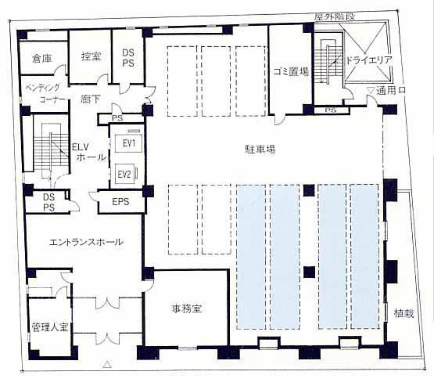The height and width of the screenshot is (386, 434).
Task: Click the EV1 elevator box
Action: click(129, 143)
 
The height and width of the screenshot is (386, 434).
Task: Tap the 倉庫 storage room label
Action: click(41, 58)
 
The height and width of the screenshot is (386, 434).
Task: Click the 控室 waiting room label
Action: click(91, 56)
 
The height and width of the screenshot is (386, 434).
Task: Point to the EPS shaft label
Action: click(120, 201)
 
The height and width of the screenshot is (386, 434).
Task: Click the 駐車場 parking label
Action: click(260, 150)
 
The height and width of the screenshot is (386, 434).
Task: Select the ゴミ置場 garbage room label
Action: click(291, 71)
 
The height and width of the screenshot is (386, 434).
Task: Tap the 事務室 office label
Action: click(187, 308)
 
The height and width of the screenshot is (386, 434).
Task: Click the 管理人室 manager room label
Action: click(50, 327)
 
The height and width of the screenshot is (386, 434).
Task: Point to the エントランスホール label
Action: click(86, 242)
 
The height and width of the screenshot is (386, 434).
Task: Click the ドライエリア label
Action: click(368, 60)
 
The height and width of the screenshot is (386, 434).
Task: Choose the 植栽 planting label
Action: click(404, 313)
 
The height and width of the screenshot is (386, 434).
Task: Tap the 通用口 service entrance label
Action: click(391, 90)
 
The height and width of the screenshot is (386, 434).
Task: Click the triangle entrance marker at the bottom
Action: click(107, 364)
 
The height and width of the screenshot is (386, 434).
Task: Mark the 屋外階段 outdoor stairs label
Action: click(335, 16)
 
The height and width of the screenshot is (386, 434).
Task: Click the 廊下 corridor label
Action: click(91, 99)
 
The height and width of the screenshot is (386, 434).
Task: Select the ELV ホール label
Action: click(89, 152)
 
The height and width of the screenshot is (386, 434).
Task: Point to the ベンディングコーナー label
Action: click(45, 94)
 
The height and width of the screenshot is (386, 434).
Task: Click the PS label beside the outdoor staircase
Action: click(331, 110)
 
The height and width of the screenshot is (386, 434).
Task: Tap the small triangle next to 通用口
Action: click(371, 90)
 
